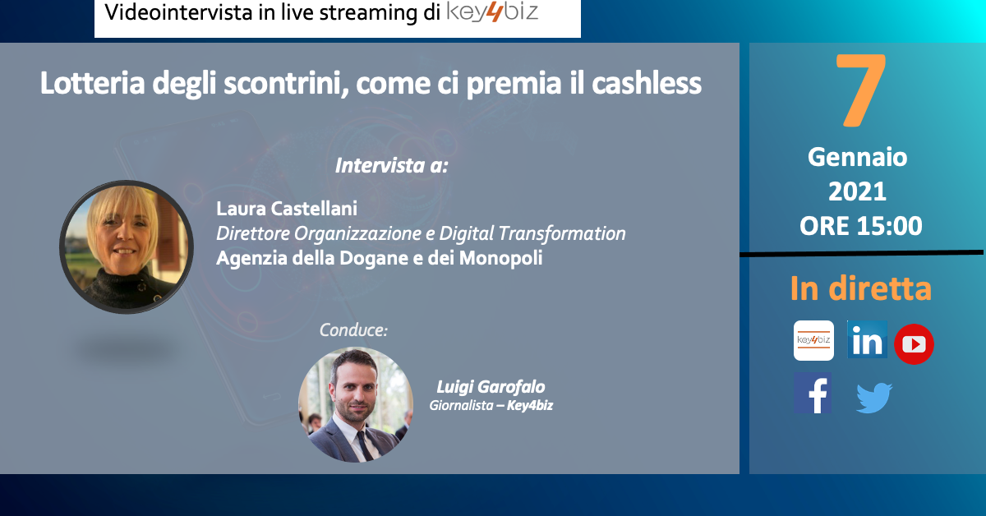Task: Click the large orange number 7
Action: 860,90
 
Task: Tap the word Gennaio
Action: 858,157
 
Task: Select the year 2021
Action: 858,191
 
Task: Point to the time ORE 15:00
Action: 860,226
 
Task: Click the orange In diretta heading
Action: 860,288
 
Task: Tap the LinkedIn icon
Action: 867,340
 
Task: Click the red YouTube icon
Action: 914,344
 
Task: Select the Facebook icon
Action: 813,393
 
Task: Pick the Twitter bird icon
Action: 874,398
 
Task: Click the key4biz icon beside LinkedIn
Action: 813,340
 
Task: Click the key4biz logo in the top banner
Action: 492,12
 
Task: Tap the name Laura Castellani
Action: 287,209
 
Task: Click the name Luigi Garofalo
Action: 491,387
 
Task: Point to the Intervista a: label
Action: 392,165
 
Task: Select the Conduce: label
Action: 353,329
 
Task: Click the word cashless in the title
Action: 647,83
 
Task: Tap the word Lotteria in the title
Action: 92,83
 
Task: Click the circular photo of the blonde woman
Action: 127,247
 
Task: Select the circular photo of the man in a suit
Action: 356,404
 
